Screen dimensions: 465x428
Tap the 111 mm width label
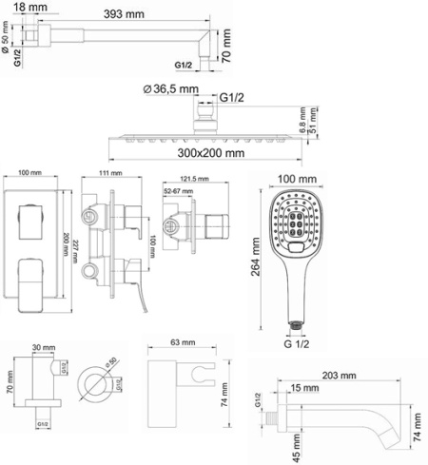[x=111, y=174]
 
